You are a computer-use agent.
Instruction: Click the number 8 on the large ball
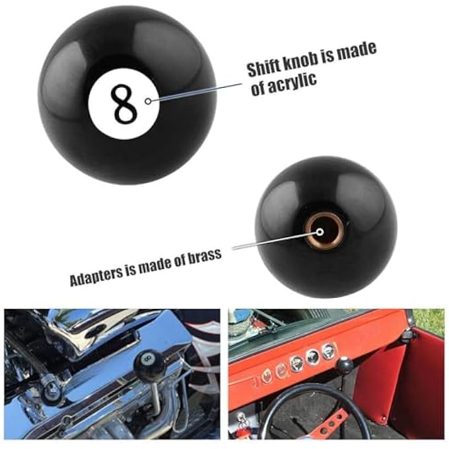(x=123, y=103)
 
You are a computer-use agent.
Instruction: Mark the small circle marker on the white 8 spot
(x=148, y=101)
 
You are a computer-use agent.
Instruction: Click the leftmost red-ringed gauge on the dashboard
(x=266, y=375)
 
